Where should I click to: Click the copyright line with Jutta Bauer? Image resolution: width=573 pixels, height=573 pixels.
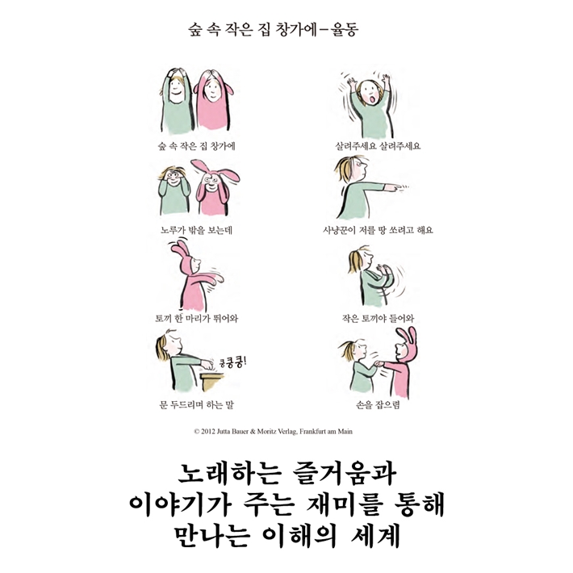(273, 432)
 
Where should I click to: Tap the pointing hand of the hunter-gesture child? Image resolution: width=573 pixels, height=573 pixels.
(390, 186)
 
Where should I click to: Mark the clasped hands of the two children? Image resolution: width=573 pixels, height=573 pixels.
(379, 363)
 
